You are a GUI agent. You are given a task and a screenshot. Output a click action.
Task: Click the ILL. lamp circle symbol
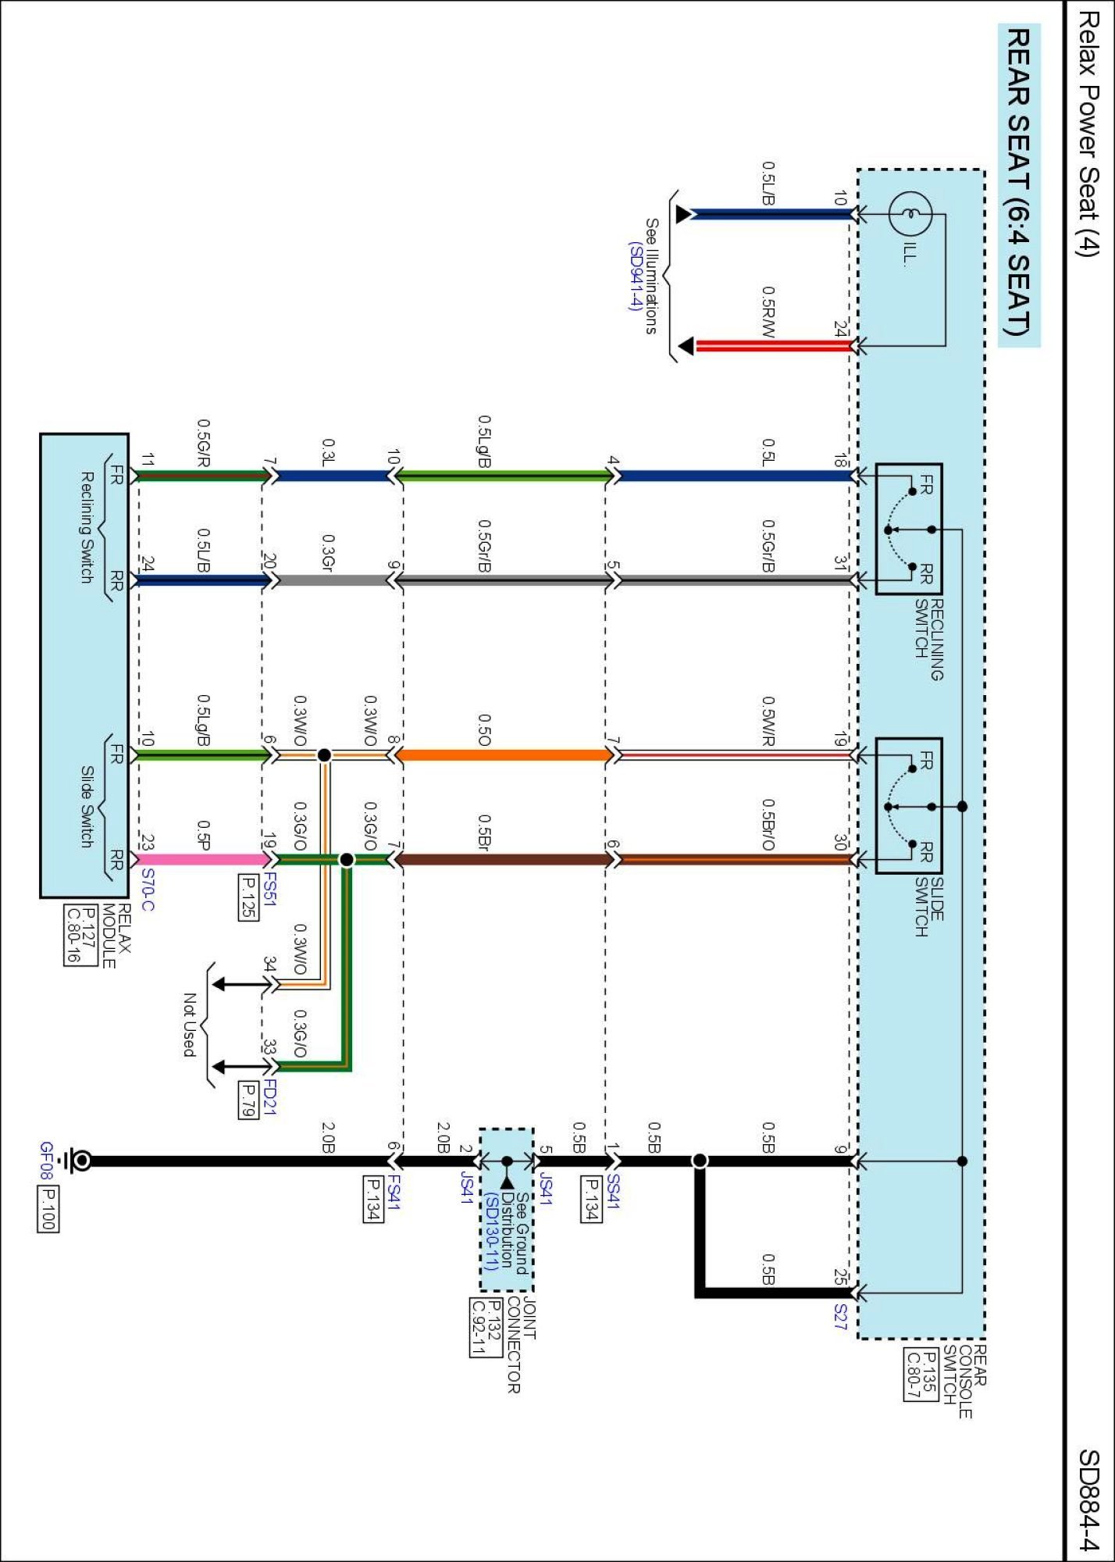click(910, 213)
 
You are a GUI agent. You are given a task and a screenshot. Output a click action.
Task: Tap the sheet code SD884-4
click(1088, 1500)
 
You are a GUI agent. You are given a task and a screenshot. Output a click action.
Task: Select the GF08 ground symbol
click(78, 1161)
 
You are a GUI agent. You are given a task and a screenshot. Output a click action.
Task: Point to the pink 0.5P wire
click(204, 859)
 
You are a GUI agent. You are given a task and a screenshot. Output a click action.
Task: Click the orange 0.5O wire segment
click(504, 754)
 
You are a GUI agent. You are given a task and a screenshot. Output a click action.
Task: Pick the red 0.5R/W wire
click(773, 345)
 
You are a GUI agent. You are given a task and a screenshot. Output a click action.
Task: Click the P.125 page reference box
click(248, 897)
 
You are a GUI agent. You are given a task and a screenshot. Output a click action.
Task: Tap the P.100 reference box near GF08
click(47, 1209)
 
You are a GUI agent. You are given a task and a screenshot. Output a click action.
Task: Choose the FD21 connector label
click(269, 1097)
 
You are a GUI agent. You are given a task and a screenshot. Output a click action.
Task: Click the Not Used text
click(189, 1025)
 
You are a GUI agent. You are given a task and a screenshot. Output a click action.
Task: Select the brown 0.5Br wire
click(504, 859)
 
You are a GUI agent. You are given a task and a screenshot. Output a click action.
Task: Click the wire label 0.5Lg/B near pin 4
click(484, 441)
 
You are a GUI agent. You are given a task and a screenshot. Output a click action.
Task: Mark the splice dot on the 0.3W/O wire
click(324, 754)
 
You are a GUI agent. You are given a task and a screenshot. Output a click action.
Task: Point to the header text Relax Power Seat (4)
click(1088, 133)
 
